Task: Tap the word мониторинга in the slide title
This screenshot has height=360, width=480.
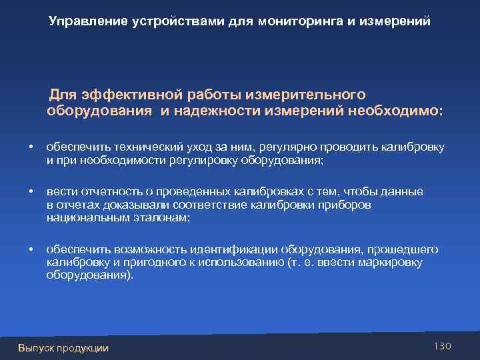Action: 301,21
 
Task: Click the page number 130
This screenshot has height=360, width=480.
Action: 442,345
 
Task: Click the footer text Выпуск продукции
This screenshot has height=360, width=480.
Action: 63,347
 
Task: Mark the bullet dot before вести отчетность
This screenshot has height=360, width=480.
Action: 31,192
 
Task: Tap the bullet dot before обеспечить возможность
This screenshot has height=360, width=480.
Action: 31,249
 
